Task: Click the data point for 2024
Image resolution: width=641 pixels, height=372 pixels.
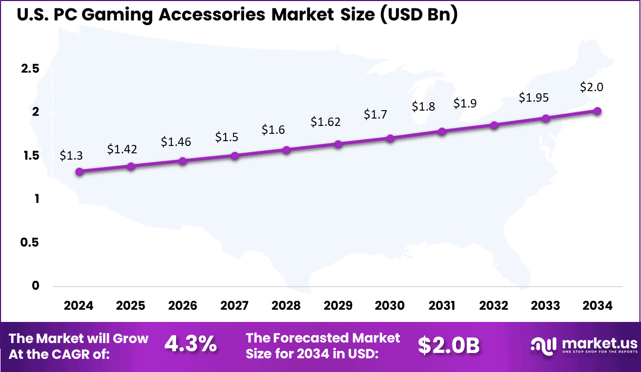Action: (x=79, y=171)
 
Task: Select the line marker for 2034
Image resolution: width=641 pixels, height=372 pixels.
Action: (x=597, y=111)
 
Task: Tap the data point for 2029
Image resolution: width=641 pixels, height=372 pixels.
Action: (x=338, y=144)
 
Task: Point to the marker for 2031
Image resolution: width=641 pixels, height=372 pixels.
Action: (x=442, y=131)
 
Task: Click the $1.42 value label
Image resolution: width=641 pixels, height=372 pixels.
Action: (x=122, y=149)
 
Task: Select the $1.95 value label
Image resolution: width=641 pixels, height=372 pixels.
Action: (x=533, y=97)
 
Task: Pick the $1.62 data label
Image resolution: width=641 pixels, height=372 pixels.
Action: (x=325, y=122)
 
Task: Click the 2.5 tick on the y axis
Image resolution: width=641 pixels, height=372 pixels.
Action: (x=30, y=69)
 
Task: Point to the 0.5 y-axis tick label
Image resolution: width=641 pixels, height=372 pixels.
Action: (x=30, y=242)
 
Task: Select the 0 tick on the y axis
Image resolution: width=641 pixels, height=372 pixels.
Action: (x=35, y=286)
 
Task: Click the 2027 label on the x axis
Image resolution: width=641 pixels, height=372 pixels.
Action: (x=235, y=306)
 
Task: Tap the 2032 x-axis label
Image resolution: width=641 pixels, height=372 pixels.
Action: (x=494, y=306)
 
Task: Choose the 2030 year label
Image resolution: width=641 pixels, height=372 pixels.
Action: (x=390, y=306)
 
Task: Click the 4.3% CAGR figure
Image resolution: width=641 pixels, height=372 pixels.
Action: (x=190, y=345)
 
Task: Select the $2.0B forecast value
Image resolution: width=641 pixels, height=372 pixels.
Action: (x=449, y=345)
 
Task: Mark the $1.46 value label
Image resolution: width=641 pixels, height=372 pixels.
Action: (x=176, y=141)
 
